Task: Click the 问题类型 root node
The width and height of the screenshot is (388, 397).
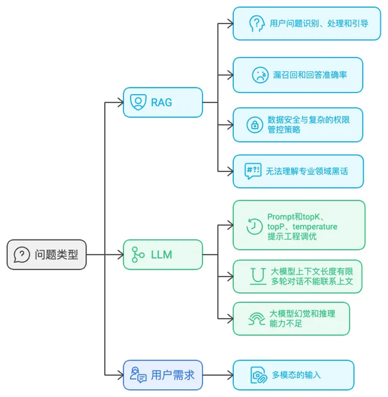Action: pyautogui.click(x=47, y=255)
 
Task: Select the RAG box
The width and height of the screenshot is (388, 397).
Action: pyautogui.click(x=162, y=102)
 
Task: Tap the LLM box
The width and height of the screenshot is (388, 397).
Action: pyautogui.click(x=162, y=255)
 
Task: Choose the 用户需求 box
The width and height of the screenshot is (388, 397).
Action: pyautogui.click(x=162, y=375)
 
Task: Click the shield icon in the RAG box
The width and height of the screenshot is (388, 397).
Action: pyautogui.click(x=138, y=102)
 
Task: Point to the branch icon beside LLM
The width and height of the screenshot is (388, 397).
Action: pyautogui.click(x=138, y=255)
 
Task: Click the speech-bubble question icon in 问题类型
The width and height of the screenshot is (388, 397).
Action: pyautogui.click(x=22, y=255)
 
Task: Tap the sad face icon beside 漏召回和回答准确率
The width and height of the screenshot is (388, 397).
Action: pyautogui.click(x=260, y=75)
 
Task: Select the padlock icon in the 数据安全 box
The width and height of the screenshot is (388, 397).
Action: pyautogui.click(x=254, y=125)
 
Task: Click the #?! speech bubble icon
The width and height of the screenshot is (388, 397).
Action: pyautogui.click(x=253, y=171)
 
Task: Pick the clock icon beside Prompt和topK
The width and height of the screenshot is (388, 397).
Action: pyautogui.click(x=254, y=226)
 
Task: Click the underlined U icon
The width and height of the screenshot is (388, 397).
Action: pyautogui.click(x=258, y=277)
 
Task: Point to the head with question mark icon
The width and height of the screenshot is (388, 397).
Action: pyautogui.click(x=256, y=23)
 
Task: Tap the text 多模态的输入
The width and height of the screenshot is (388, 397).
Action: pyautogui.click(x=296, y=375)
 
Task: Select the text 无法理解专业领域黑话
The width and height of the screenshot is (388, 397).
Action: pyautogui.click(x=307, y=171)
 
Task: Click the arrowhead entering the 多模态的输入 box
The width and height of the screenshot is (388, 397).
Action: pyautogui.click(x=230, y=375)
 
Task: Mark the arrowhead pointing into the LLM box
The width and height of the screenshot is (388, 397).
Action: pyautogui.click(x=121, y=255)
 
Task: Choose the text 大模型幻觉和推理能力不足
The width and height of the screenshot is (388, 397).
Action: pyautogui.click(x=302, y=318)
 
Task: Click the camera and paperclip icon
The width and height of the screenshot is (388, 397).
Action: pyautogui.click(x=258, y=375)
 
